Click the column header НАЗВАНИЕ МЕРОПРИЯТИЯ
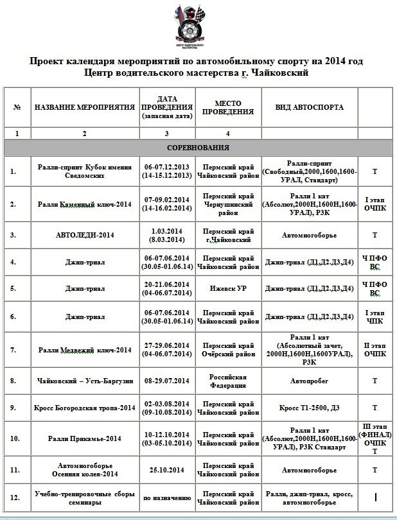[x=84, y=107]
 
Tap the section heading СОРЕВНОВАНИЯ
[x=198, y=148]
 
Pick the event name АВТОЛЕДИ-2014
[x=84, y=236]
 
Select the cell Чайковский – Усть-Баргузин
[x=84, y=381]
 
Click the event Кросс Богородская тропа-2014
[x=84, y=407]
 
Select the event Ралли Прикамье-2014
[x=84, y=438]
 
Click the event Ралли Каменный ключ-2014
[x=84, y=205]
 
